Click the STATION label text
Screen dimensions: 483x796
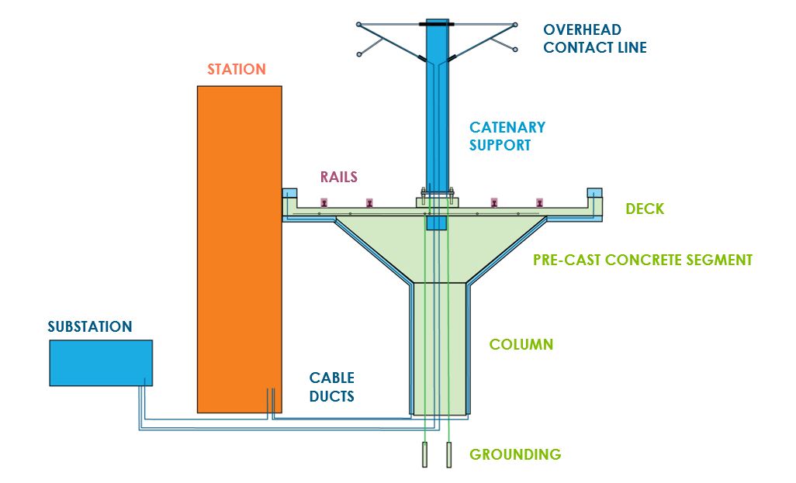[x=237, y=69]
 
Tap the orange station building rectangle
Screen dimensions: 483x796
[x=239, y=248]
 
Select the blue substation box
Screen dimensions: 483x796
[x=101, y=363]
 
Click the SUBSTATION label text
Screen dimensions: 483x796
[x=89, y=326]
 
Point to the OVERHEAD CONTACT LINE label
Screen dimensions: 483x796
[x=594, y=39]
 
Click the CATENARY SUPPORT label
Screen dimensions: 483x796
[x=507, y=136]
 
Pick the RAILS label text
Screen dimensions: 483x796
[x=339, y=177]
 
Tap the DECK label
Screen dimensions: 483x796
[x=645, y=209]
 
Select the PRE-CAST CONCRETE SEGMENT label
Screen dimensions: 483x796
[x=642, y=260]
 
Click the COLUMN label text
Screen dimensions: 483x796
[x=521, y=343]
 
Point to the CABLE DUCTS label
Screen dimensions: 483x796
[x=332, y=387]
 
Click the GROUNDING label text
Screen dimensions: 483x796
[x=515, y=454]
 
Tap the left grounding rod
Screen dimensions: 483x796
[x=425, y=454]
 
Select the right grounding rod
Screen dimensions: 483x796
[x=448, y=454]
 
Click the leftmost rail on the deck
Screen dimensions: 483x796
[x=324, y=203]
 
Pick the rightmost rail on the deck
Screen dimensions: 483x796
[x=539, y=203]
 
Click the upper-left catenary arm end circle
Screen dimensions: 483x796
[x=358, y=25]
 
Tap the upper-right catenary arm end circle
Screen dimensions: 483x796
[x=515, y=25]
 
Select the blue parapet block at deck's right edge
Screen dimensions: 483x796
[x=595, y=193]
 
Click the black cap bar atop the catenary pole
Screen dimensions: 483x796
[x=437, y=24]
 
